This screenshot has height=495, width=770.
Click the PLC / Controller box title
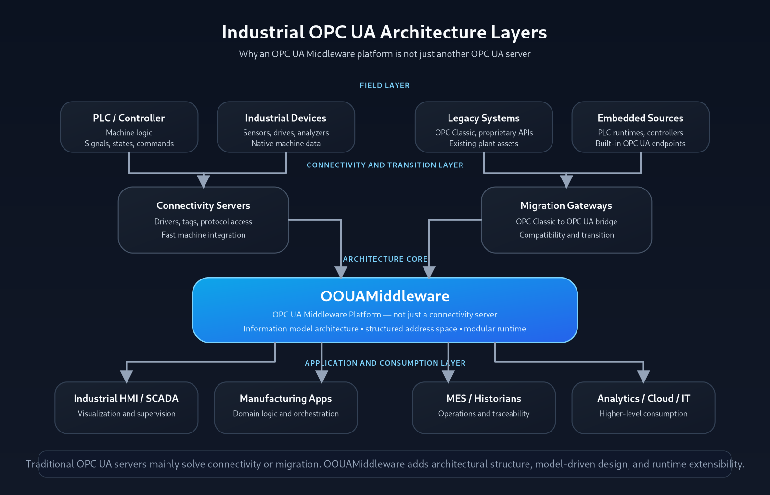(129, 118)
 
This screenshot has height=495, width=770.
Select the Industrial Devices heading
(285, 118)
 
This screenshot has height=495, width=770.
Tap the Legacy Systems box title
(484, 118)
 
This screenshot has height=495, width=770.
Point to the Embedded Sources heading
(640, 118)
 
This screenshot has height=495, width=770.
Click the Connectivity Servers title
(203, 205)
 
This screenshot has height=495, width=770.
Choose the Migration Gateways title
(566, 205)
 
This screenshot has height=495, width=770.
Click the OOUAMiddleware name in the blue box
(385, 296)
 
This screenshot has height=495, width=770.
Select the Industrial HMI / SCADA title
(126, 398)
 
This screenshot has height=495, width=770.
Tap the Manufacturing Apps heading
(285, 398)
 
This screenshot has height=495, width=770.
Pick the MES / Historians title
(484, 398)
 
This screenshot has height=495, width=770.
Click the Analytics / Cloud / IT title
(643, 398)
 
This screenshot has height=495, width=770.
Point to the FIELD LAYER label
(385, 85)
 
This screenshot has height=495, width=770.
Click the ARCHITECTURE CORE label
(385, 259)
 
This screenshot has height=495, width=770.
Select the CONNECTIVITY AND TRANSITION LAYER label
(385, 165)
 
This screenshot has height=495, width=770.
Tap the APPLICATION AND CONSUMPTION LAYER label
(385, 363)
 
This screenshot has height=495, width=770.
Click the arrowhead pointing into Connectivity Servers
(204, 181)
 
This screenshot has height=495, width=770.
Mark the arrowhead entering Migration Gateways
(566, 181)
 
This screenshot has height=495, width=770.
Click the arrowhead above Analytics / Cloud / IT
(643, 377)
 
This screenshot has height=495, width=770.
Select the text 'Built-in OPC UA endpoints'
(640, 143)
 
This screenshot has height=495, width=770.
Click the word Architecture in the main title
(433, 32)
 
